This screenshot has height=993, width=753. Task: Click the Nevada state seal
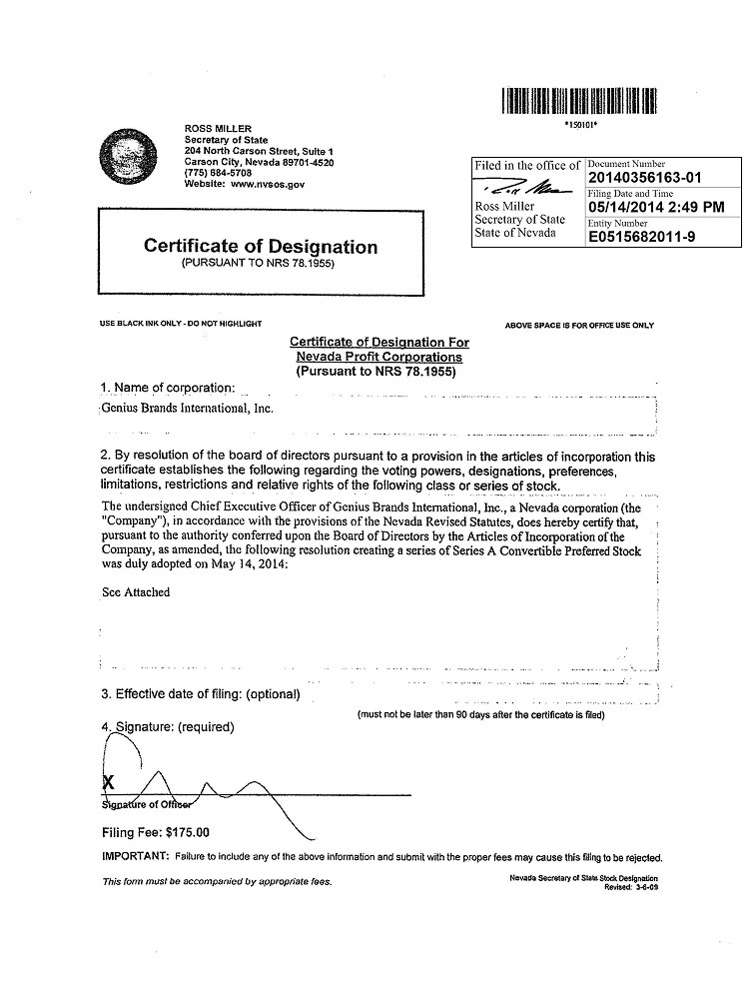click(129, 159)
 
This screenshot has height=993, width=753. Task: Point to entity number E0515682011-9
click(648, 238)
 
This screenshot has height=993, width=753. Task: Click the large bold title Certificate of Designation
click(261, 246)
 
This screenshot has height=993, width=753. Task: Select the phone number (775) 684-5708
click(219, 173)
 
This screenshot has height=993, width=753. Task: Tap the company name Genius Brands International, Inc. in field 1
click(187, 408)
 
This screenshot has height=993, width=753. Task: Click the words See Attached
click(136, 591)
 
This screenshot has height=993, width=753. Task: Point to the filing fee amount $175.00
click(184, 832)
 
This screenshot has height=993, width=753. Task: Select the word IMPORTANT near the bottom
click(135, 857)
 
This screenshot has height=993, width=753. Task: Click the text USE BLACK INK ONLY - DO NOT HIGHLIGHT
click(181, 324)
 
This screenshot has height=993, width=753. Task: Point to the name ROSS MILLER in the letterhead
click(213, 129)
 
